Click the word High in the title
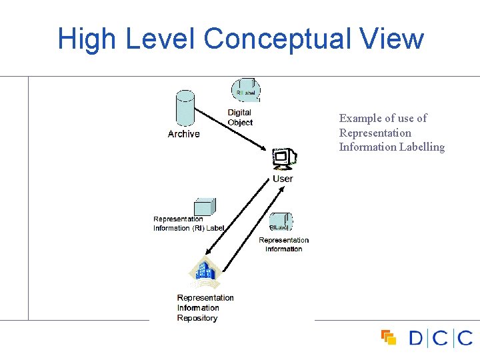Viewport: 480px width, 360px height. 86,39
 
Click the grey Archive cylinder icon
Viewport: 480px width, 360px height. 185,109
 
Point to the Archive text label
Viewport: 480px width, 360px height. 184,134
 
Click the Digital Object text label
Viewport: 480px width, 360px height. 240,117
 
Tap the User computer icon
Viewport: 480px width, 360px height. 285,159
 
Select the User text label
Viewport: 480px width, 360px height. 283,179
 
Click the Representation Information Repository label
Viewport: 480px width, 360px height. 205,308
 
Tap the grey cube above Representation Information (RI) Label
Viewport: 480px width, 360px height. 203,207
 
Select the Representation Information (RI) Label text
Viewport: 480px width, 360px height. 188,223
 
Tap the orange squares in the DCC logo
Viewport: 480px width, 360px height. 389,338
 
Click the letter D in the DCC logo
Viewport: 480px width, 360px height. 416,338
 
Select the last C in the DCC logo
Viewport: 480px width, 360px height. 465,338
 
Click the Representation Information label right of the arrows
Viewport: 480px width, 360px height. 283,244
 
